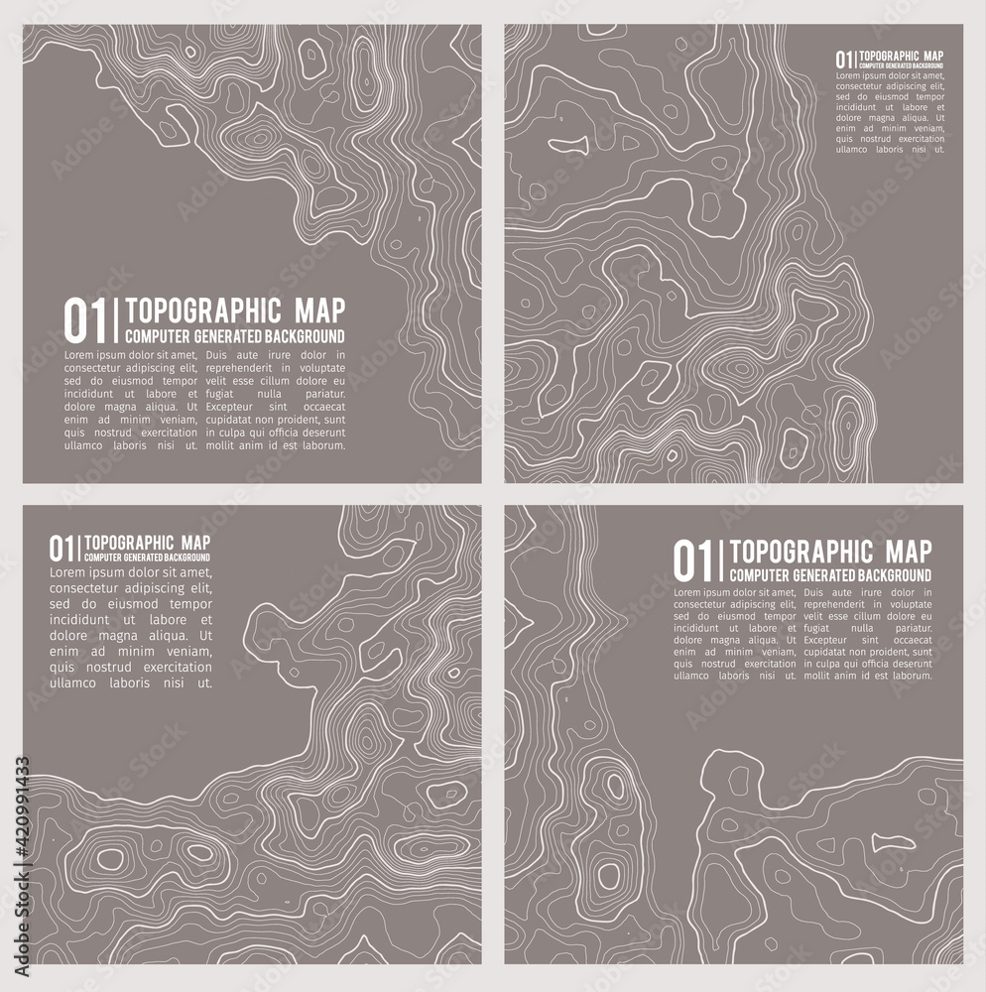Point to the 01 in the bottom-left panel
click(62, 548)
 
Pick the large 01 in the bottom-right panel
click(694, 561)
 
